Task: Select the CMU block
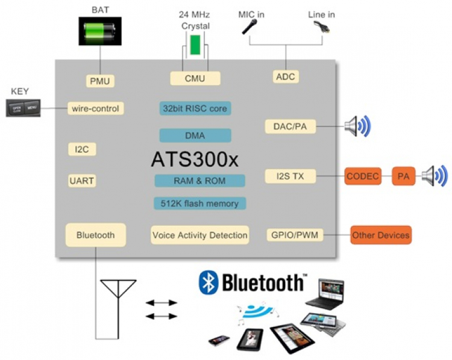[195, 78]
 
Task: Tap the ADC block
[286, 76]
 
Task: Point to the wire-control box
[96, 108]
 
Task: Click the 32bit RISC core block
[195, 108]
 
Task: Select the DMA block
[195, 135]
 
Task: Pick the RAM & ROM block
[199, 181]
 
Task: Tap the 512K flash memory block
[199, 203]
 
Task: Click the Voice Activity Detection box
[199, 235]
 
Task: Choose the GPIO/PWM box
[295, 235]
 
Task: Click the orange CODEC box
[362, 176]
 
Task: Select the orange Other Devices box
[381, 235]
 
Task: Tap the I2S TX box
[290, 176]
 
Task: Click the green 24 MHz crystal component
[195, 46]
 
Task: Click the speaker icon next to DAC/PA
[356, 126]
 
